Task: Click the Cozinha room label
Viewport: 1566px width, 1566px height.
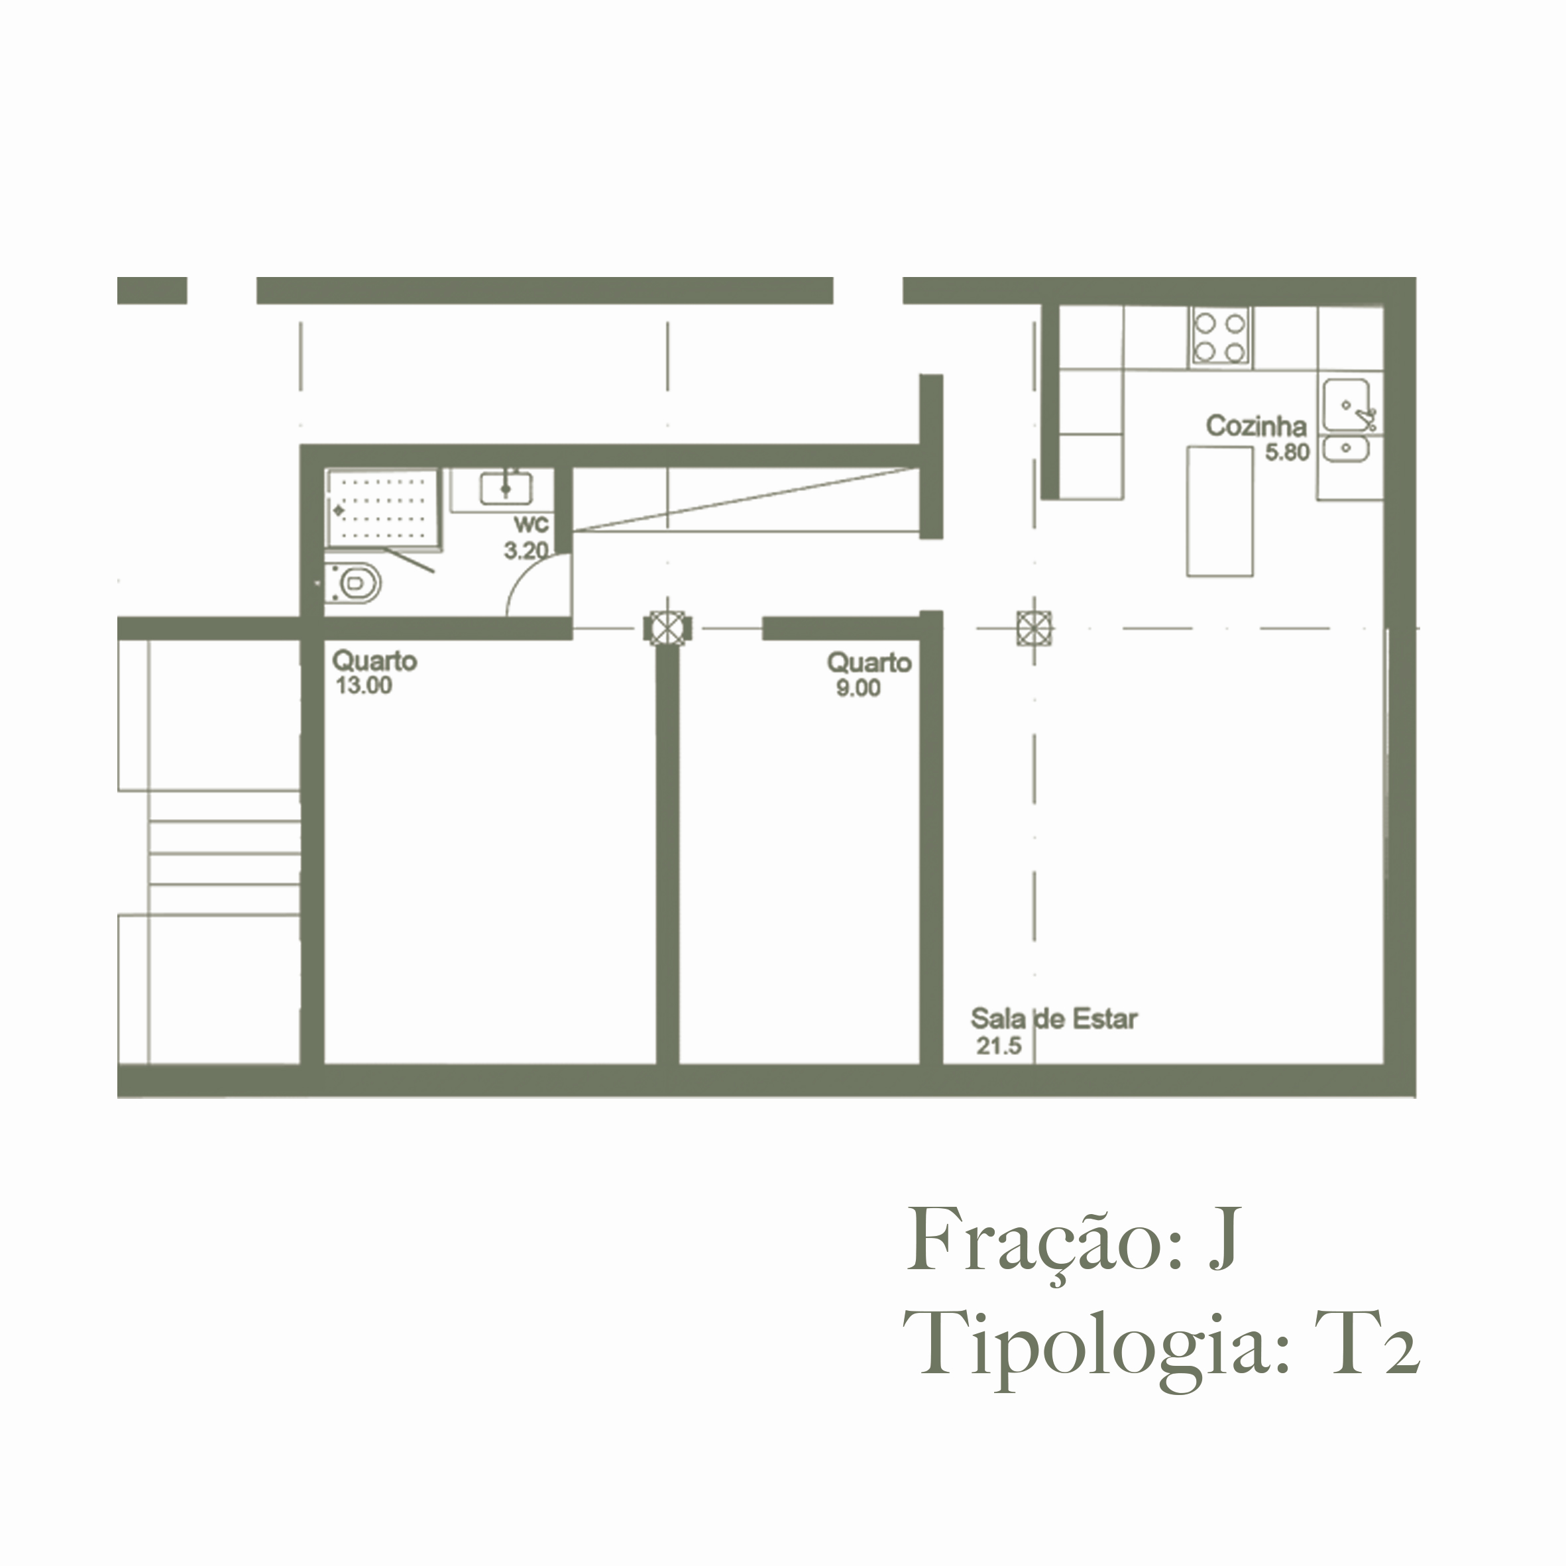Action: click(x=1256, y=426)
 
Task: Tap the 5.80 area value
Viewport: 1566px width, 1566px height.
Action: click(x=1287, y=452)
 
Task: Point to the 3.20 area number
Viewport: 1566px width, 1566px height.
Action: click(x=526, y=551)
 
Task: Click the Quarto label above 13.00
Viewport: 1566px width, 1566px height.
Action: click(x=374, y=661)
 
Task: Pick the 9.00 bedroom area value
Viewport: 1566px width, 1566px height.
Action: click(x=858, y=688)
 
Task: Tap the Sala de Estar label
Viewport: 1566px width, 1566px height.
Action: click(x=1054, y=1019)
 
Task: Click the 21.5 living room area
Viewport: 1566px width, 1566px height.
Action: click(x=999, y=1046)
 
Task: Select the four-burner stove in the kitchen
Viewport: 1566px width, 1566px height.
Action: click(x=1219, y=337)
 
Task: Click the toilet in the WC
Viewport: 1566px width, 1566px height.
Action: click(x=354, y=583)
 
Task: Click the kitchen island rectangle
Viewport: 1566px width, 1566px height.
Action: click(x=1220, y=511)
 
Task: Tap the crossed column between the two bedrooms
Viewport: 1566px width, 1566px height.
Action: click(x=667, y=628)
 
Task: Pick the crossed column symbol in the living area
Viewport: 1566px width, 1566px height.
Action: click(x=1035, y=628)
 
